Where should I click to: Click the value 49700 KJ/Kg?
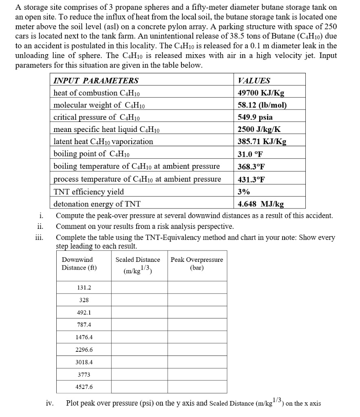click(x=261, y=93)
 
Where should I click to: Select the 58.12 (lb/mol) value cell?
click(x=262, y=105)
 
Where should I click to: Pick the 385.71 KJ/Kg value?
click(x=262, y=142)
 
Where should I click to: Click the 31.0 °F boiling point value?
click(x=250, y=154)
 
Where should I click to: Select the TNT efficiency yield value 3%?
click(x=244, y=192)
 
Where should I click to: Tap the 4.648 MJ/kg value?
click(x=261, y=204)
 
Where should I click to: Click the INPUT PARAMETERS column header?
click(x=96, y=81)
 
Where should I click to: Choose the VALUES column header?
click(x=254, y=81)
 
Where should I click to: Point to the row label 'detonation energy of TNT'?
click(x=97, y=204)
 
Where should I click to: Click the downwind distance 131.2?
click(x=84, y=288)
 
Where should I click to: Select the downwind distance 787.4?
click(x=84, y=325)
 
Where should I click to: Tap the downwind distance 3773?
click(x=84, y=374)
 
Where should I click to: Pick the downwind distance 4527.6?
click(x=84, y=387)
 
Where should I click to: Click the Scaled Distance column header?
click(x=138, y=263)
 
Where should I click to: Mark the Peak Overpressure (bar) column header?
click(x=197, y=263)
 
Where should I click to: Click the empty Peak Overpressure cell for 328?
click(x=197, y=300)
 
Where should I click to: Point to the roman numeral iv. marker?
click(x=49, y=404)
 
